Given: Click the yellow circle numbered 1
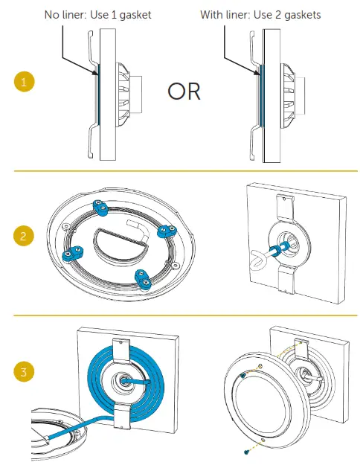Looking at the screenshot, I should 25,83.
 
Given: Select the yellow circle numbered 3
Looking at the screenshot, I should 25,372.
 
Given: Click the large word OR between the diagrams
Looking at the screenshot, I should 184,91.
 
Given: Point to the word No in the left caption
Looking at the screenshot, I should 53,15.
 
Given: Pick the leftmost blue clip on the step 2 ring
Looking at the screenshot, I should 69,256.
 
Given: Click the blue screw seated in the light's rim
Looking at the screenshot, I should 243,378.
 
